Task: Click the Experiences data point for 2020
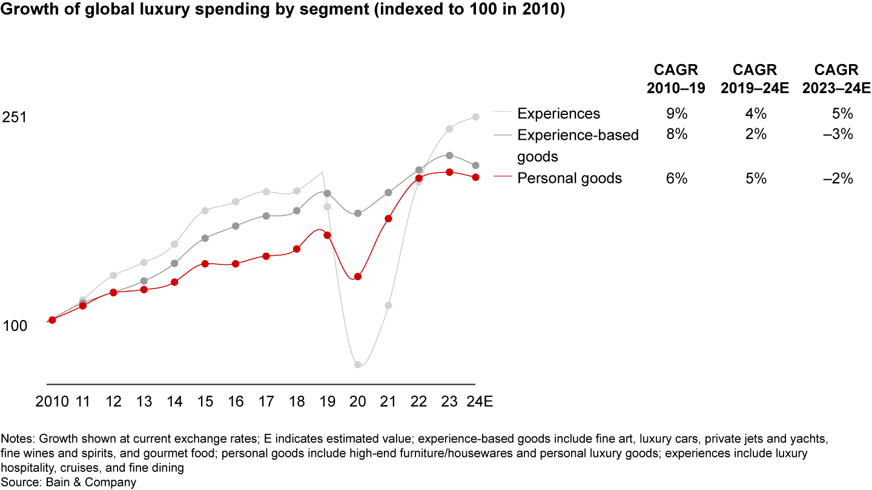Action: click(357, 365)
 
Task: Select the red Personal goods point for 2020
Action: click(357, 276)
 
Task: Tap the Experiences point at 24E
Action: click(476, 117)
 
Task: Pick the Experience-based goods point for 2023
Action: click(449, 155)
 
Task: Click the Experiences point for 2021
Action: click(388, 305)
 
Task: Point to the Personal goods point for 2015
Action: click(205, 264)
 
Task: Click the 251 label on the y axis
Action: click(15, 117)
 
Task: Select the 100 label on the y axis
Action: click(15, 326)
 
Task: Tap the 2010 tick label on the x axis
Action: click(52, 402)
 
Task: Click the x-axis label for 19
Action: click(327, 402)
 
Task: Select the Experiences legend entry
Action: click(558, 114)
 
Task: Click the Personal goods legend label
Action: click(569, 178)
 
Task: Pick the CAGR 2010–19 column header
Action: click(676, 79)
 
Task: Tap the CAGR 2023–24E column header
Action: click(836, 79)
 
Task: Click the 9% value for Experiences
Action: click(676, 114)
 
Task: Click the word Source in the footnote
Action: click(18, 482)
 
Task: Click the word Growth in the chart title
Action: click(27, 11)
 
